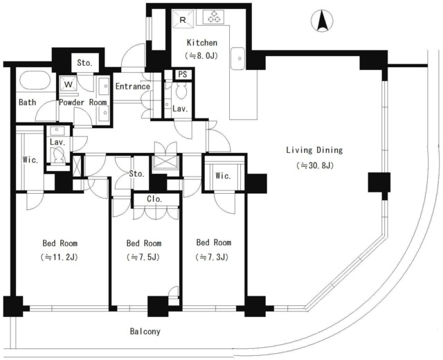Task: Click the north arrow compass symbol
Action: pyautogui.click(x=322, y=21)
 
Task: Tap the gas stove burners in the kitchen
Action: pyautogui.click(x=214, y=17)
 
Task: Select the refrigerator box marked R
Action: pyautogui.click(x=183, y=19)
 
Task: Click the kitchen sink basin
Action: pyautogui.click(x=237, y=58)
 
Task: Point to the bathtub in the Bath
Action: pyautogui.click(x=35, y=80)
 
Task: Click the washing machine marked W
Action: pyautogui.click(x=69, y=84)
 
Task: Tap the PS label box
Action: pyautogui.click(x=183, y=74)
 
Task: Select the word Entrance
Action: pyautogui.click(x=132, y=86)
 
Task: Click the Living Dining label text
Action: pyautogui.click(x=314, y=150)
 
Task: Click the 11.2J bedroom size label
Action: pyautogui.click(x=59, y=257)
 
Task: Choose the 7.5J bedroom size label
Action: pyautogui.click(x=143, y=257)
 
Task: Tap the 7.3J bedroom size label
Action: pyautogui.click(x=213, y=257)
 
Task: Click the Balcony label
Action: pyautogui.click(x=145, y=331)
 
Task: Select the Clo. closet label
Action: pyautogui.click(x=154, y=199)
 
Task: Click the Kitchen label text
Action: pyautogui.click(x=202, y=43)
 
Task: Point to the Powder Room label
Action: pyautogui.click(x=83, y=102)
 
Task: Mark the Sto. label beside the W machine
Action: pyautogui.click(x=84, y=63)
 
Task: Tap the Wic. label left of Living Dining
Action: pyautogui.click(x=223, y=176)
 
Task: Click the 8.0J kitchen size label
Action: pyautogui.click(x=201, y=55)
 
